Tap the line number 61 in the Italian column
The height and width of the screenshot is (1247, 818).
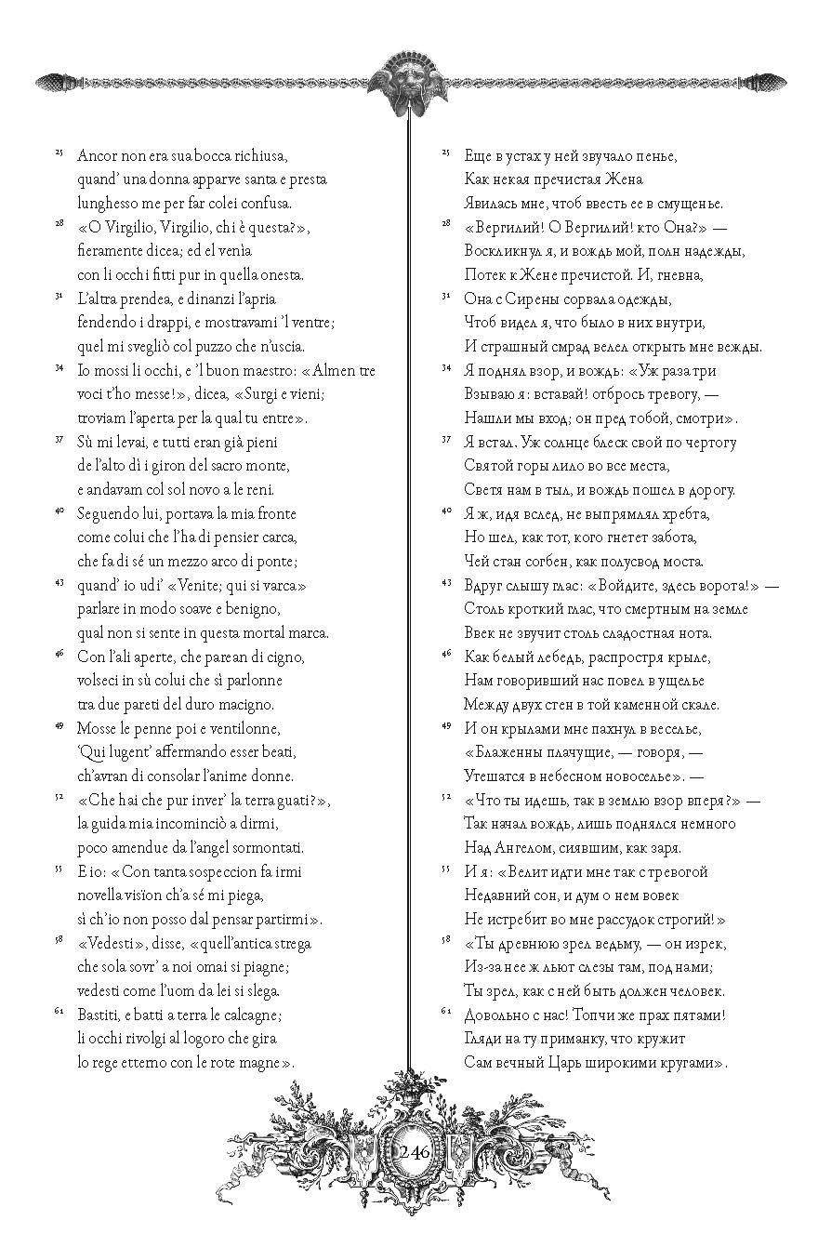click(x=59, y=1011)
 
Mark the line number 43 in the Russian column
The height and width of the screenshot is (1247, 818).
click(x=445, y=582)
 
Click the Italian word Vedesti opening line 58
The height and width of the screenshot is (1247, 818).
click(x=113, y=943)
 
